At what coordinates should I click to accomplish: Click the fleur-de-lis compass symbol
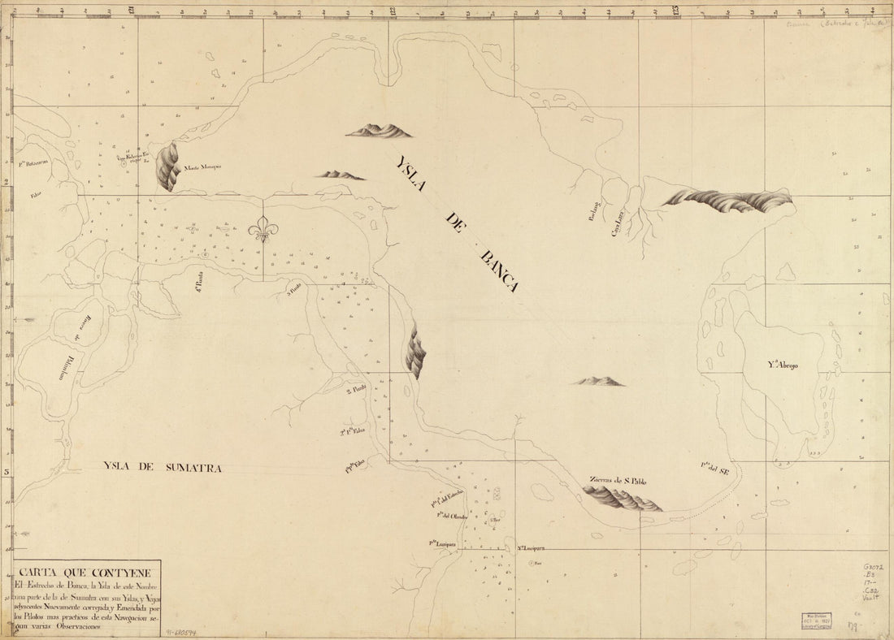click(263, 230)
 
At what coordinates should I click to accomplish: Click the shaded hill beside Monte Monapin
click(168, 166)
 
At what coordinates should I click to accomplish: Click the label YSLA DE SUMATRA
click(163, 466)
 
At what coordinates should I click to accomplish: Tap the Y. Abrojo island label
click(782, 365)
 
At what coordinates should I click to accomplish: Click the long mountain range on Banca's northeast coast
click(727, 200)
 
